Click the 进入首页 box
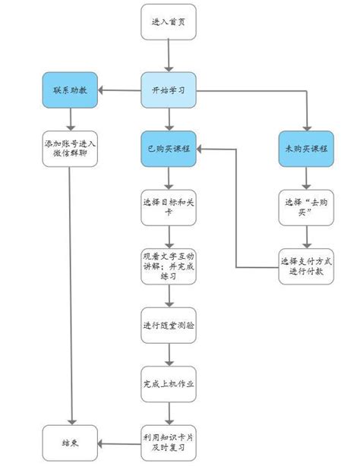168,21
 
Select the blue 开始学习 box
168,92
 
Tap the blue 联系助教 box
71,92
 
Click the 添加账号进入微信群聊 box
71,150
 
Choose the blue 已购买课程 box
168,150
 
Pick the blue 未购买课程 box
305,150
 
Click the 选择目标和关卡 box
168,206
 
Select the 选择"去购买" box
305,206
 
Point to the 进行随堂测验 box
168,326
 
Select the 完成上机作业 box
168,383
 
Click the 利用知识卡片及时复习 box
168,442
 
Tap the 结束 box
71,442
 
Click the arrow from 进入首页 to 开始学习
168,56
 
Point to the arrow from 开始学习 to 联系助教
119,92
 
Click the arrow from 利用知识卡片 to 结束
119,442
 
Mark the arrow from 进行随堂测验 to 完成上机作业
168,354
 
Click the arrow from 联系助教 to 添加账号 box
71,120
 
